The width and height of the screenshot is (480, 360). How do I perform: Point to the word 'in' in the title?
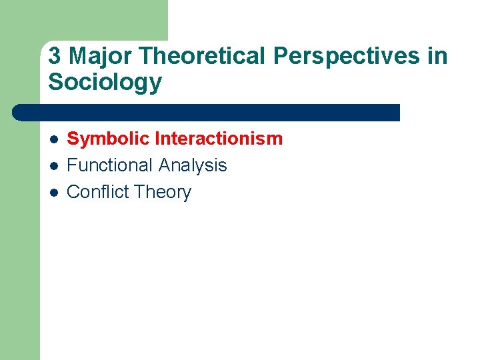coord(438,57)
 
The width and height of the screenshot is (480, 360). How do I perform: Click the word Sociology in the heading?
coord(105,83)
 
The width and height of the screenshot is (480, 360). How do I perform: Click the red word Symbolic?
coord(107,139)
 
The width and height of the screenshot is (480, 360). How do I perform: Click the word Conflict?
coord(97,192)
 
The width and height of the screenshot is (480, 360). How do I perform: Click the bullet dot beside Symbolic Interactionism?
coord(53,139)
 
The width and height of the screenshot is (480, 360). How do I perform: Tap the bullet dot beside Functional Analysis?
coord(53,166)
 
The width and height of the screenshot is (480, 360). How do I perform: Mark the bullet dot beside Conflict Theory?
coord(53,193)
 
